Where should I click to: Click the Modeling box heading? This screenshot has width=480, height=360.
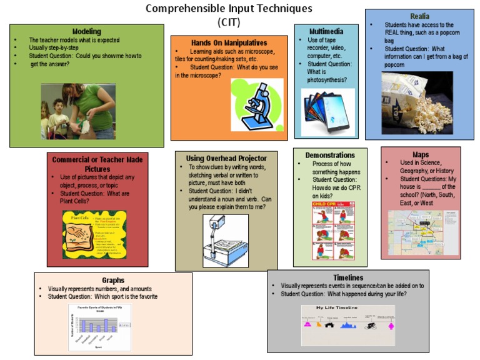[86, 31]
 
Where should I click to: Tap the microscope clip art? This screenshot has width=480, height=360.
[257, 102]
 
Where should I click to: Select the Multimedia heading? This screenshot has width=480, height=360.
[326, 31]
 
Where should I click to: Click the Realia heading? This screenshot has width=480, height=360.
[420, 16]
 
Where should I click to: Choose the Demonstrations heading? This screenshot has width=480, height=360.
[330, 155]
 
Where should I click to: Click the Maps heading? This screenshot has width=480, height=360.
[421, 154]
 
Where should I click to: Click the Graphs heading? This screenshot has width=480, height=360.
[113, 280]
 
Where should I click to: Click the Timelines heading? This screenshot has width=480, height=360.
[348, 277]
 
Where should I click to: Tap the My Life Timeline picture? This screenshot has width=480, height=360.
[348, 325]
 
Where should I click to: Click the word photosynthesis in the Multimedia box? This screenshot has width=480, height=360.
[330, 80]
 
